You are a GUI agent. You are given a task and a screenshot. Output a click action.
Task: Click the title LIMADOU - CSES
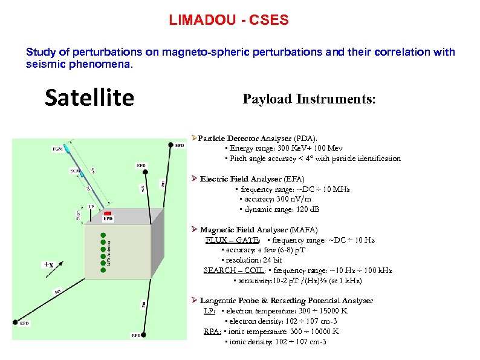229,21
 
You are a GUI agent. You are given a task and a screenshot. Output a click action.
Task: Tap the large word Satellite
89,97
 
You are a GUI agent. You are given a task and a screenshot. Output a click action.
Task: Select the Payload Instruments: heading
309,99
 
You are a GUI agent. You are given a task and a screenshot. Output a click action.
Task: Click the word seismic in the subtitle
47,64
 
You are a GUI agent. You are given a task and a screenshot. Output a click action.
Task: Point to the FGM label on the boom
58,148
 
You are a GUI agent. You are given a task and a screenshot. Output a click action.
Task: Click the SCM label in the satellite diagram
75,171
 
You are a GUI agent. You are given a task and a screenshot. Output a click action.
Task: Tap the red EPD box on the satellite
108,214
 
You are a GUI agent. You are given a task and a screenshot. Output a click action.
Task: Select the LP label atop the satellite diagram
91,206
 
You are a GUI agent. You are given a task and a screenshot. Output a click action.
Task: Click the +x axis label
48,265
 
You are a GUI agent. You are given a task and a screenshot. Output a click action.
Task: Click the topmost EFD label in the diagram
180,145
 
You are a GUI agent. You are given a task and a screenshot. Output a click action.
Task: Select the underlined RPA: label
212,332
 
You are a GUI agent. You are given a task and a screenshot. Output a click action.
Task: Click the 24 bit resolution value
269,260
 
